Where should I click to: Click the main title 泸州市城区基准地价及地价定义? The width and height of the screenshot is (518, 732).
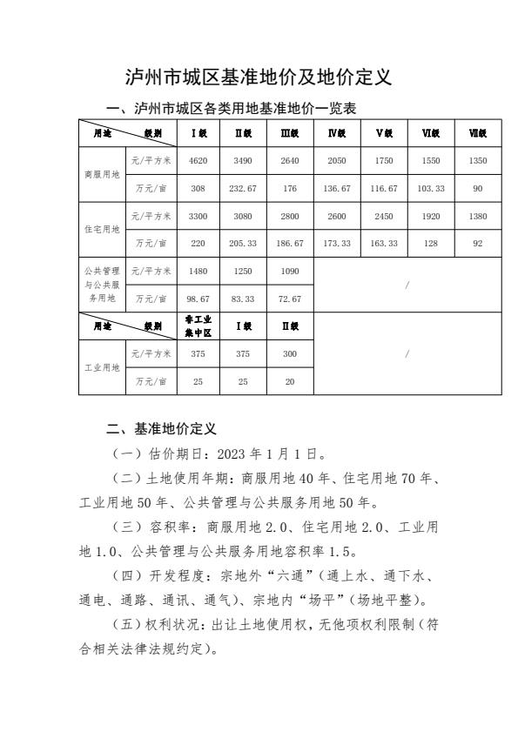(x=259, y=77)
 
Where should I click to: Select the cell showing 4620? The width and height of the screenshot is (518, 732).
(x=198, y=162)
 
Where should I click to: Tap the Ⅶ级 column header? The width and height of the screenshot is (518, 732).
(x=477, y=134)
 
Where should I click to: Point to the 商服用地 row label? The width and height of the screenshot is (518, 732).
(x=102, y=174)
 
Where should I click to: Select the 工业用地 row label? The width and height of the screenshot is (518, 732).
(x=102, y=367)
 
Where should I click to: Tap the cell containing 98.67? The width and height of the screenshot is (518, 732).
(x=198, y=299)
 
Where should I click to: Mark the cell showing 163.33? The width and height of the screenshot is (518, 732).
(x=382, y=243)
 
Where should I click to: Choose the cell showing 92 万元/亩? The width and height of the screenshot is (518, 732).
(x=477, y=243)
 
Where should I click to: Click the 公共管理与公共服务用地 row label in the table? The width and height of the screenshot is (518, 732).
(x=102, y=284)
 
